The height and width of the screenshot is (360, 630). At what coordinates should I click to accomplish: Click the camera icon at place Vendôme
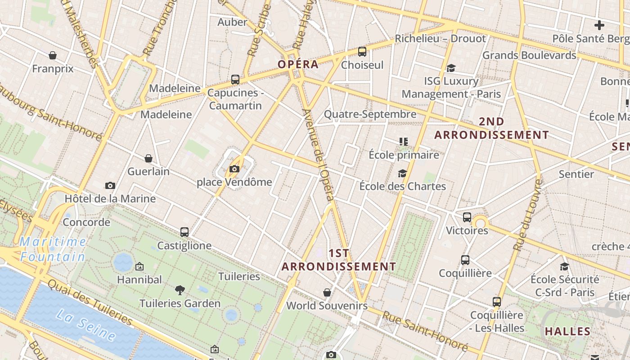click(234, 169)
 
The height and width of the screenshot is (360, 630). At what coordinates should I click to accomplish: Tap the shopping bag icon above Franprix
click(53, 55)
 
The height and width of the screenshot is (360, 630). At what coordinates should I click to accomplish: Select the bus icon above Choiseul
click(362, 52)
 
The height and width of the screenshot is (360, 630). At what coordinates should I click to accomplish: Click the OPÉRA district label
click(298, 64)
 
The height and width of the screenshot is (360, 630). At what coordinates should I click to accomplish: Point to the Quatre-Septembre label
click(370, 114)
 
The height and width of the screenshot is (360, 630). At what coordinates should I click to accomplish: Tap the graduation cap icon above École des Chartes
click(402, 173)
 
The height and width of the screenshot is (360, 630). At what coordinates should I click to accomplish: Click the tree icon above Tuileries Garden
click(180, 290)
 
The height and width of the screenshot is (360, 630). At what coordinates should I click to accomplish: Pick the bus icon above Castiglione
click(184, 232)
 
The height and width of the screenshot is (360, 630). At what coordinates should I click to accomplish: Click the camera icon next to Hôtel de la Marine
click(110, 185)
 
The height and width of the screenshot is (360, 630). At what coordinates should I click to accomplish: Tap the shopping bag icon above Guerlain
click(148, 158)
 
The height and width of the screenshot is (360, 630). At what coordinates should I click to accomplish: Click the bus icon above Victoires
click(467, 217)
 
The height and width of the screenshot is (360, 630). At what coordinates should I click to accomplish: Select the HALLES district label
click(567, 332)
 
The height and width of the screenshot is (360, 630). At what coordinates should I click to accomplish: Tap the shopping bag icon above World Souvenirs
click(327, 292)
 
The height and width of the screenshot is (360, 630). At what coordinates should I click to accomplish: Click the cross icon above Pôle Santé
click(599, 25)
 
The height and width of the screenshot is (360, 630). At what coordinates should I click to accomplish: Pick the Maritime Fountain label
click(53, 249)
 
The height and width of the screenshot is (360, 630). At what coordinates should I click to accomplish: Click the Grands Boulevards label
click(529, 55)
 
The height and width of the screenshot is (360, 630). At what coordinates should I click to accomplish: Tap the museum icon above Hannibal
click(139, 266)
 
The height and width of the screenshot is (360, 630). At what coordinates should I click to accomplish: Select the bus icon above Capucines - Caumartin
click(235, 80)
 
